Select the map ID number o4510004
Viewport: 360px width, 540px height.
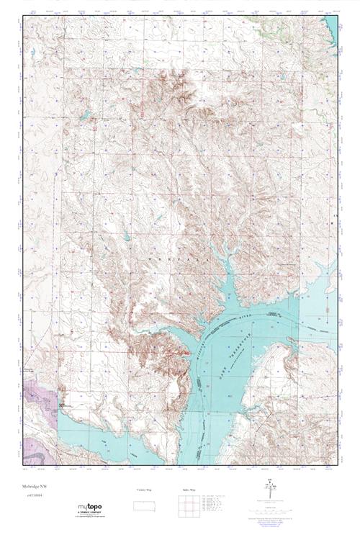(32, 495)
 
